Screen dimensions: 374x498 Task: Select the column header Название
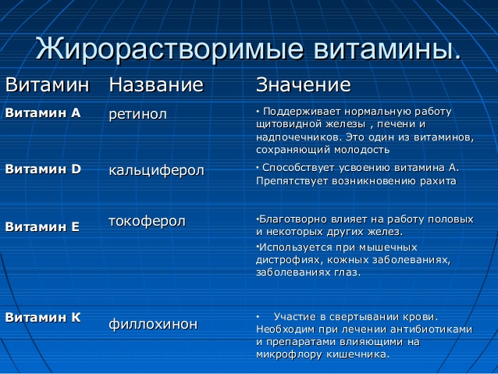[156, 84]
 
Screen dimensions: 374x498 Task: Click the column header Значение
[304, 84]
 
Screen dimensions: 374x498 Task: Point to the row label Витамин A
[43, 112]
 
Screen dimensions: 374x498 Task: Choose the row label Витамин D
[43, 168]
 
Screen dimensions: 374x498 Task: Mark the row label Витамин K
[43, 317]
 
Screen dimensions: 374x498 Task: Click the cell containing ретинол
[138, 114]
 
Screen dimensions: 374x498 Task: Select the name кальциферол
[156, 169]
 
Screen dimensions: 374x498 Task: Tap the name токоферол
[147, 222]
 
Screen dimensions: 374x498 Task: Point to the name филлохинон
[153, 323]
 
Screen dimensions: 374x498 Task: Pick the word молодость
[361, 149]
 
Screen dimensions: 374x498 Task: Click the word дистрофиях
[287, 260]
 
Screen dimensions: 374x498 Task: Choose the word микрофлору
[288, 354]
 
